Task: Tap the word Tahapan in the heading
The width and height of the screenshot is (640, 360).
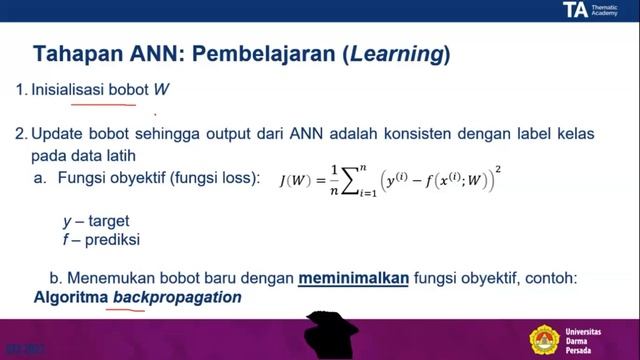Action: click(x=79, y=52)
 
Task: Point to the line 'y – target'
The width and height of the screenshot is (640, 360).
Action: click(x=96, y=221)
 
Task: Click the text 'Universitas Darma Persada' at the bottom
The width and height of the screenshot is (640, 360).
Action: click(x=589, y=338)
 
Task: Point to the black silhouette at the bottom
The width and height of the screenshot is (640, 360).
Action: click(x=329, y=334)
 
